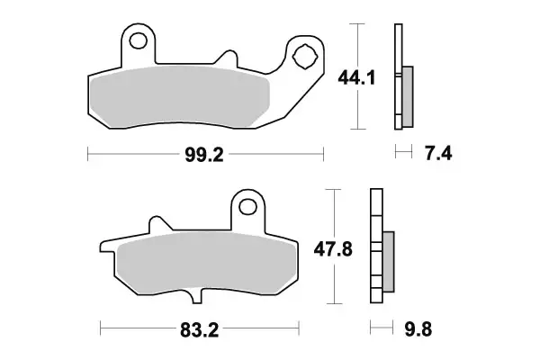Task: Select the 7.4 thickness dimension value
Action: click(x=436, y=155)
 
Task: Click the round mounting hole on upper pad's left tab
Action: click(x=137, y=41)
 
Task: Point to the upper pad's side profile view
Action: click(x=399, y=76)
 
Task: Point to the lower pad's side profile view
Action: click(x=377, y=247)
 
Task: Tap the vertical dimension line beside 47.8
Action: click(x=336, y=247)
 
